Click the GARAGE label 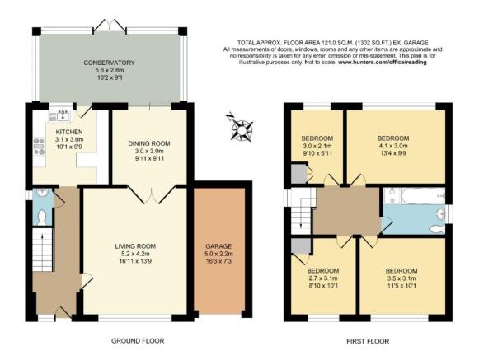[218, 246]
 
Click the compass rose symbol [242, 127]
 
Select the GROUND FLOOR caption [137, 340]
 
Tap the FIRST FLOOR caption [367, 340]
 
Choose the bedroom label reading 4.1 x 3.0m [393, 138]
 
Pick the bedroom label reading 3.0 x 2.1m [317, 137]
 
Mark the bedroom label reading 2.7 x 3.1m [322, 271]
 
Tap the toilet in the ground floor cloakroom [43, 217]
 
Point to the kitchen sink [63, 114]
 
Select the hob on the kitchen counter [38, 147]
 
